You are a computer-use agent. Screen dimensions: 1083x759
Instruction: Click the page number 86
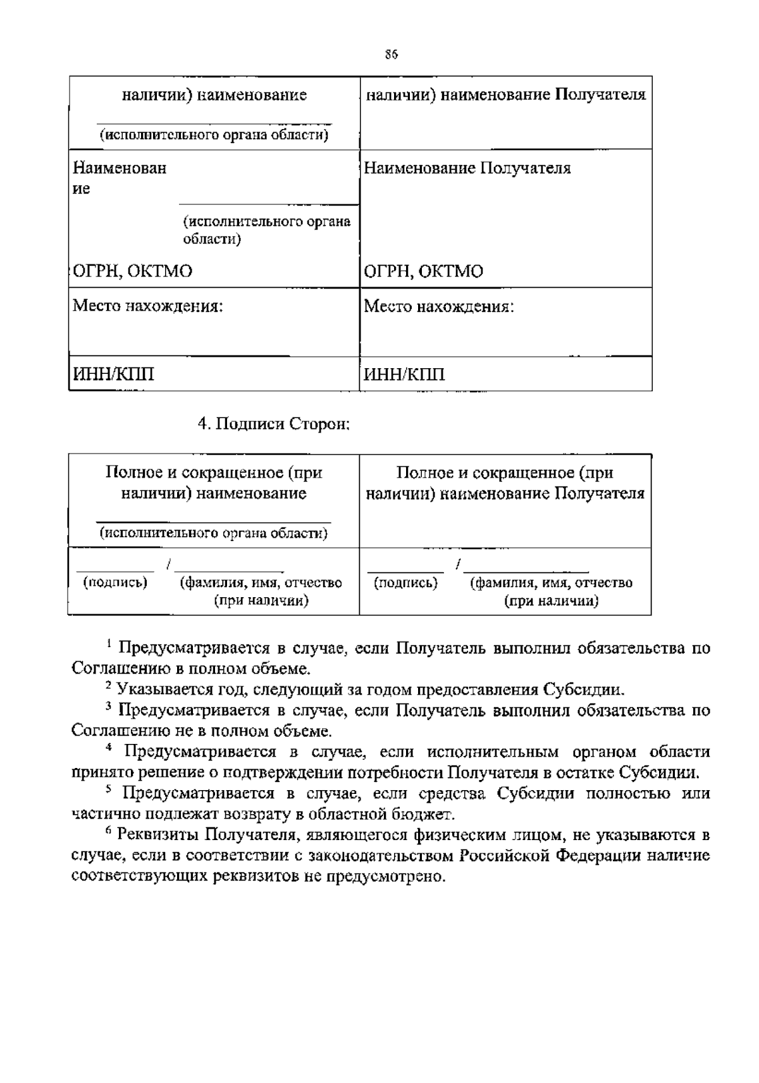(391, 55)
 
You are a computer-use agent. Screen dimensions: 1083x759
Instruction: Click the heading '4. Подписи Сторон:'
(274, 424)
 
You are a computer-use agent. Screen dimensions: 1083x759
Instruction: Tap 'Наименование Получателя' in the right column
(467, 168)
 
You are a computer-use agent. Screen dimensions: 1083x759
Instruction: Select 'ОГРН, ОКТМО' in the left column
(133, 271)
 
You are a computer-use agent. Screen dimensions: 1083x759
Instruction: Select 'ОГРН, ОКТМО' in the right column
(423, 271)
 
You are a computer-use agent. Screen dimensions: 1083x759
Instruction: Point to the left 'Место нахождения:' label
(148, 307)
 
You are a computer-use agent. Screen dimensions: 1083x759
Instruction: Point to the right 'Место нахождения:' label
(439, 307)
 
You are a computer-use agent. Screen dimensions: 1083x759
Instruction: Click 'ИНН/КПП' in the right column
(404, 374)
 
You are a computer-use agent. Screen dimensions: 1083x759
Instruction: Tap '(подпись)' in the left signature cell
(115, 582)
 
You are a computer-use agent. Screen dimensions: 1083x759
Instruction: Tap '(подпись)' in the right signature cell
(405, 582)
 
